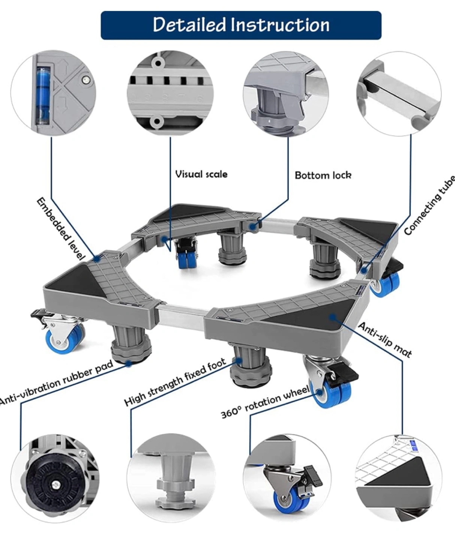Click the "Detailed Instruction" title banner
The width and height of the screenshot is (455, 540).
coord(241,25)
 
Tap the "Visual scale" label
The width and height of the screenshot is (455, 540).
coord(201,174)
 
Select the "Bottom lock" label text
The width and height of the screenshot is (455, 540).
coord(323,175)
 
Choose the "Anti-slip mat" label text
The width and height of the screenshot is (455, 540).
coord(385,340)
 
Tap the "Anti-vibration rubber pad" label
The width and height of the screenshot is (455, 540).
coord(56,382)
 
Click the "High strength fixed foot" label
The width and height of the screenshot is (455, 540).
coord(175,382)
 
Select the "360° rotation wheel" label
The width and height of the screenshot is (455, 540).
coord(265,402)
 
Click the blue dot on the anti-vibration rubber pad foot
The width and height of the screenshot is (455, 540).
coord(128,363)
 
